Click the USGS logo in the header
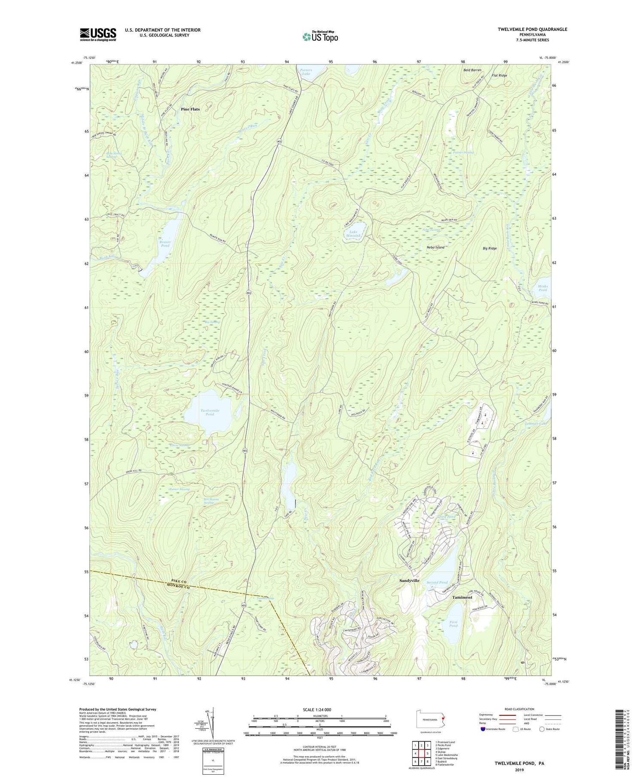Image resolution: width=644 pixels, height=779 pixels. [x=98, y=34]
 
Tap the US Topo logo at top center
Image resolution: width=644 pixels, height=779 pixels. [x=320, y=37]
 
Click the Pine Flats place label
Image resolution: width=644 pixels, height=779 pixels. [x=190, y=109]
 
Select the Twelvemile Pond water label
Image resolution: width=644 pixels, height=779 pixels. [x=210, y=412]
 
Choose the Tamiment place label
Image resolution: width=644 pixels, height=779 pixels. [x=462, y=597]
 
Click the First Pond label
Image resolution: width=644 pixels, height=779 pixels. [x=454, y=624]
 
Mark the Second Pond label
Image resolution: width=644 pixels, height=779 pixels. [x=437, y=583]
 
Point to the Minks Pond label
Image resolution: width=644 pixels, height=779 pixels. [x=542, y=288]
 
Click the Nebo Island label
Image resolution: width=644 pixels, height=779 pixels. [x=435, y=247]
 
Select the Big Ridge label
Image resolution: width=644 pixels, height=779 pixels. [x=489, y=248]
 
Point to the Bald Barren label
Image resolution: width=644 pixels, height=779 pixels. [x=472, y=70]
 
